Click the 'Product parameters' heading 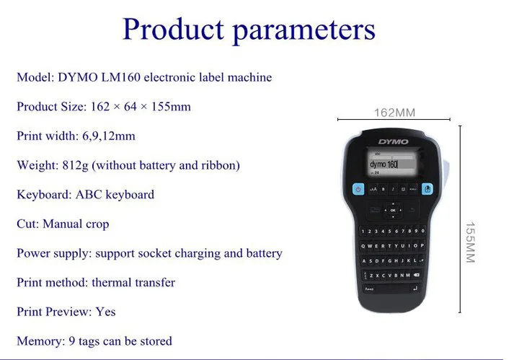point(249,29)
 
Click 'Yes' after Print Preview point(105,312)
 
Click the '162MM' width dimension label point(394,113)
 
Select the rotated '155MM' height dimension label point(469,242)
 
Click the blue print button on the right point(427,190)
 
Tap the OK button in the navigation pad point(394,210)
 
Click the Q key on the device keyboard point(363,246)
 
